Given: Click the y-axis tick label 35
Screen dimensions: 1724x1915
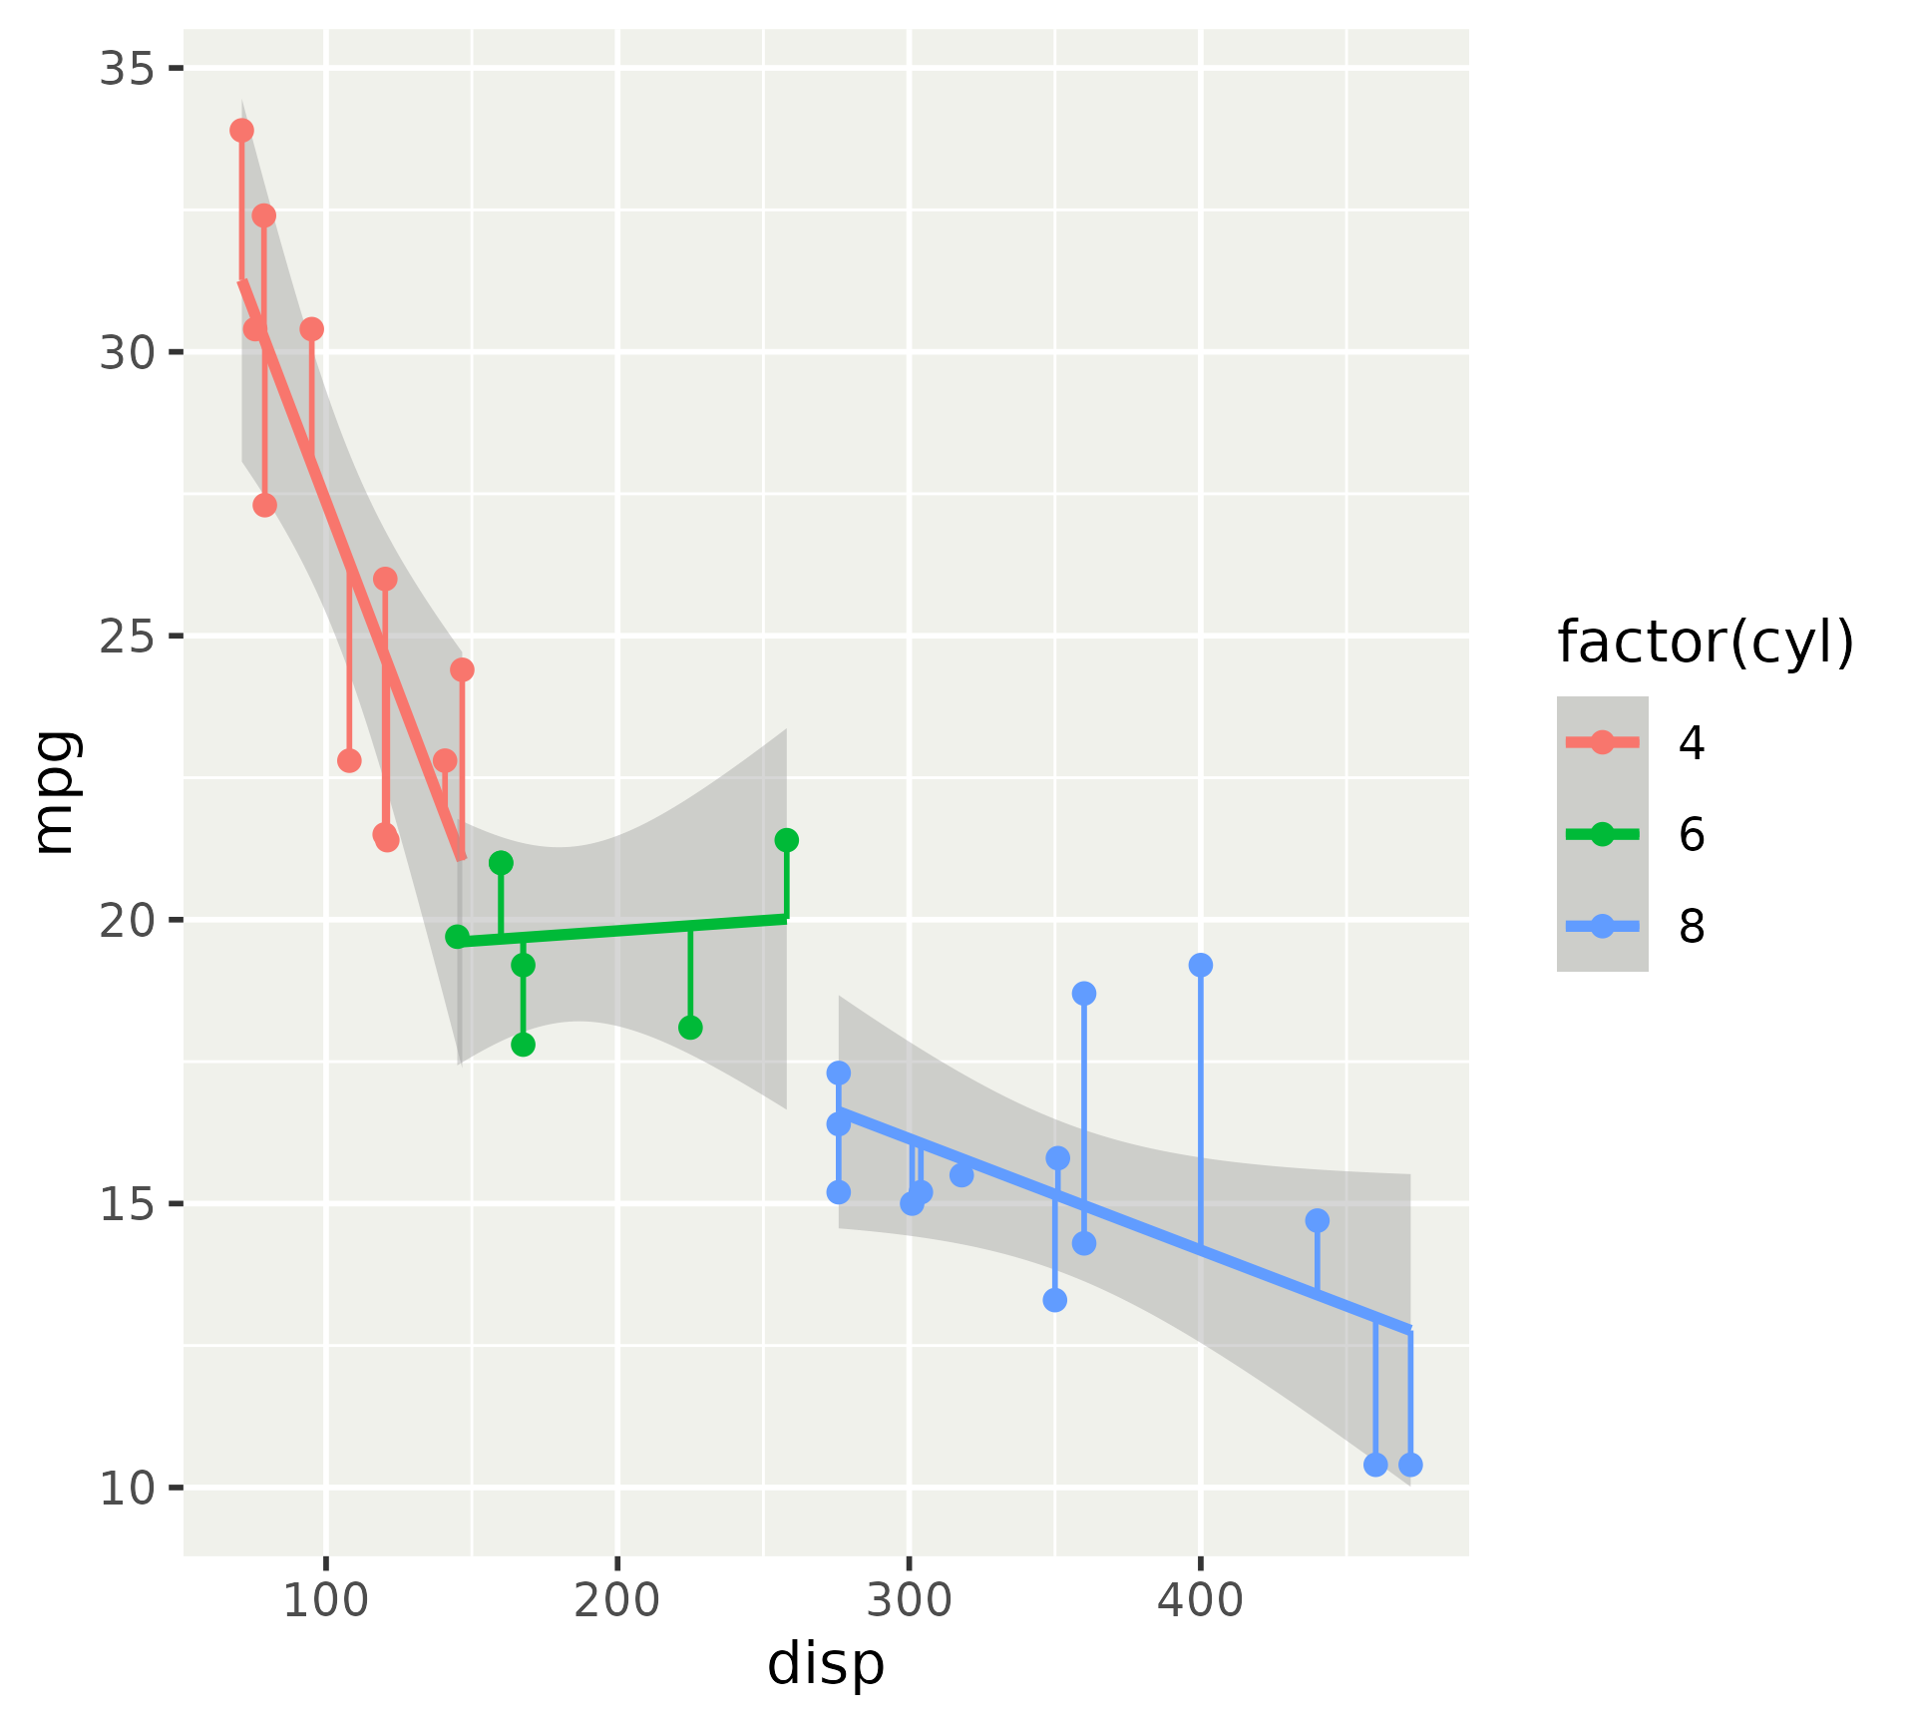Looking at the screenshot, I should [x=127, y=69].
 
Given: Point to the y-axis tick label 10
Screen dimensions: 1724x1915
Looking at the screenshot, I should [x=127, y=1489].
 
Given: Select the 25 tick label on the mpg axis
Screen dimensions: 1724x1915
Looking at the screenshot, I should [x=127, y=637].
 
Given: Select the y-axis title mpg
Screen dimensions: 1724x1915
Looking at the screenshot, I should [x=55, y=792].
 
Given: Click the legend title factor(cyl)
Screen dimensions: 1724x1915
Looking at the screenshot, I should [x=1706, y=642].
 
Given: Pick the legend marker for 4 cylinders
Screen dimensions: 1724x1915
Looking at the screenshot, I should [x=1602, y=742].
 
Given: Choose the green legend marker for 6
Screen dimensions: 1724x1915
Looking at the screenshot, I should [x=1602, y=834].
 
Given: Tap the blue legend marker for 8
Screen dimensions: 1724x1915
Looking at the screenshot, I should [x=1602, y=927].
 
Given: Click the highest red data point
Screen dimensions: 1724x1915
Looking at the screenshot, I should [x=241, y=131].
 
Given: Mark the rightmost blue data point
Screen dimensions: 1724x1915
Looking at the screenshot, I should [x=1410, y=1465].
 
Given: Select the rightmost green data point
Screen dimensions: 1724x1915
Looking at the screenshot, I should [x=786, y=840].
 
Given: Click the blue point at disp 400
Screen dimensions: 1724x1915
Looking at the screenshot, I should [x=1201, y=965].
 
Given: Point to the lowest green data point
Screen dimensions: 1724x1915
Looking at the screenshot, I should [x=523, y=1045].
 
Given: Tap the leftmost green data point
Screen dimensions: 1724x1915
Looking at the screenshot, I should [x=457, y=937].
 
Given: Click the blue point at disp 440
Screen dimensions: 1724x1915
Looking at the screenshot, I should [x=1318, y=1220].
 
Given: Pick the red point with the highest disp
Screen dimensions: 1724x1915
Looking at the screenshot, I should [x=462, y=669].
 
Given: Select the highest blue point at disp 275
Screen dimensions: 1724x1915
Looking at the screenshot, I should [x=839, y=1073].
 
